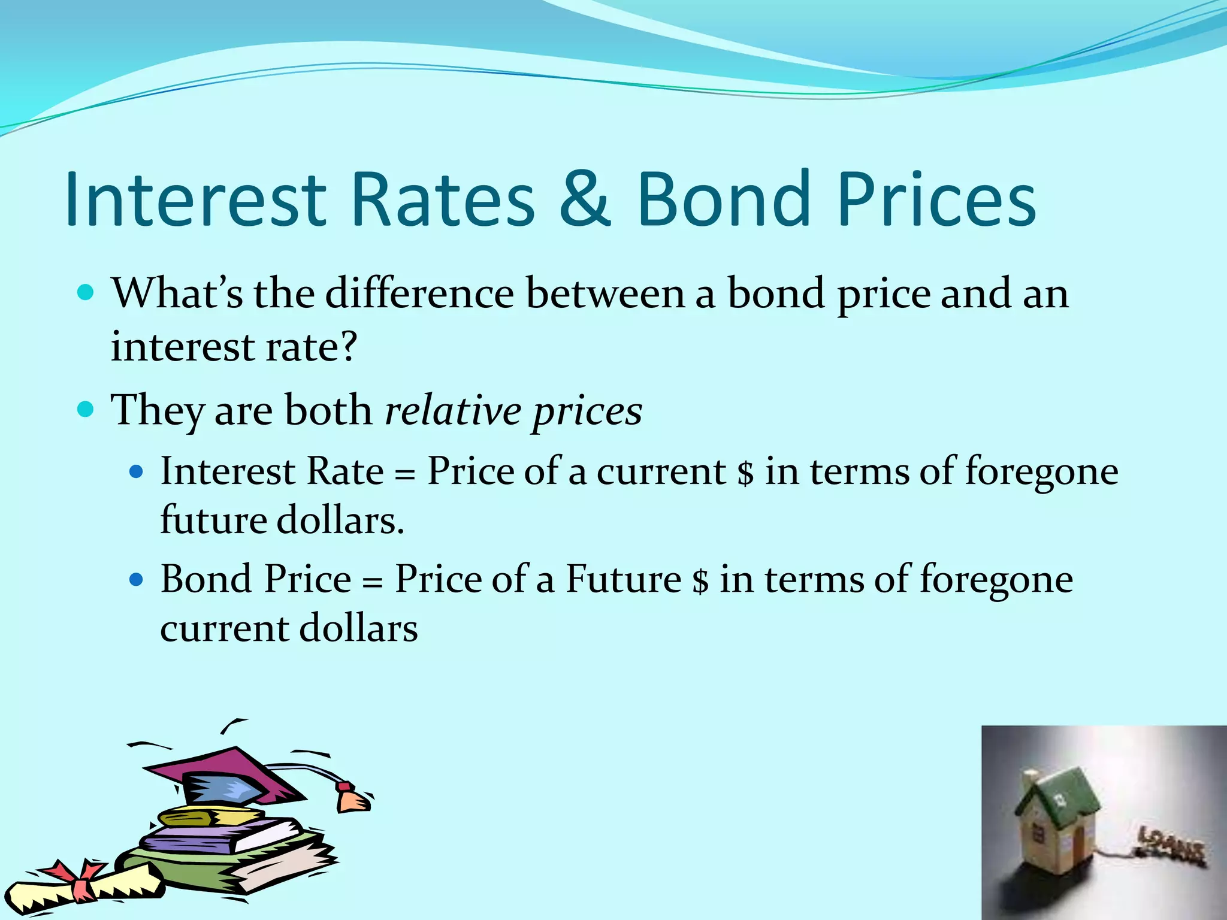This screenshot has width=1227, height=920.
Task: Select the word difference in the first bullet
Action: click(419, 293)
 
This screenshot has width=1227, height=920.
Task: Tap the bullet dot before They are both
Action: click(86, 410)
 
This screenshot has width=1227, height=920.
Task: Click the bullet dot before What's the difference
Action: click(86, 293)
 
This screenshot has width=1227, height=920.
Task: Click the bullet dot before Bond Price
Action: click(137, 580)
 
